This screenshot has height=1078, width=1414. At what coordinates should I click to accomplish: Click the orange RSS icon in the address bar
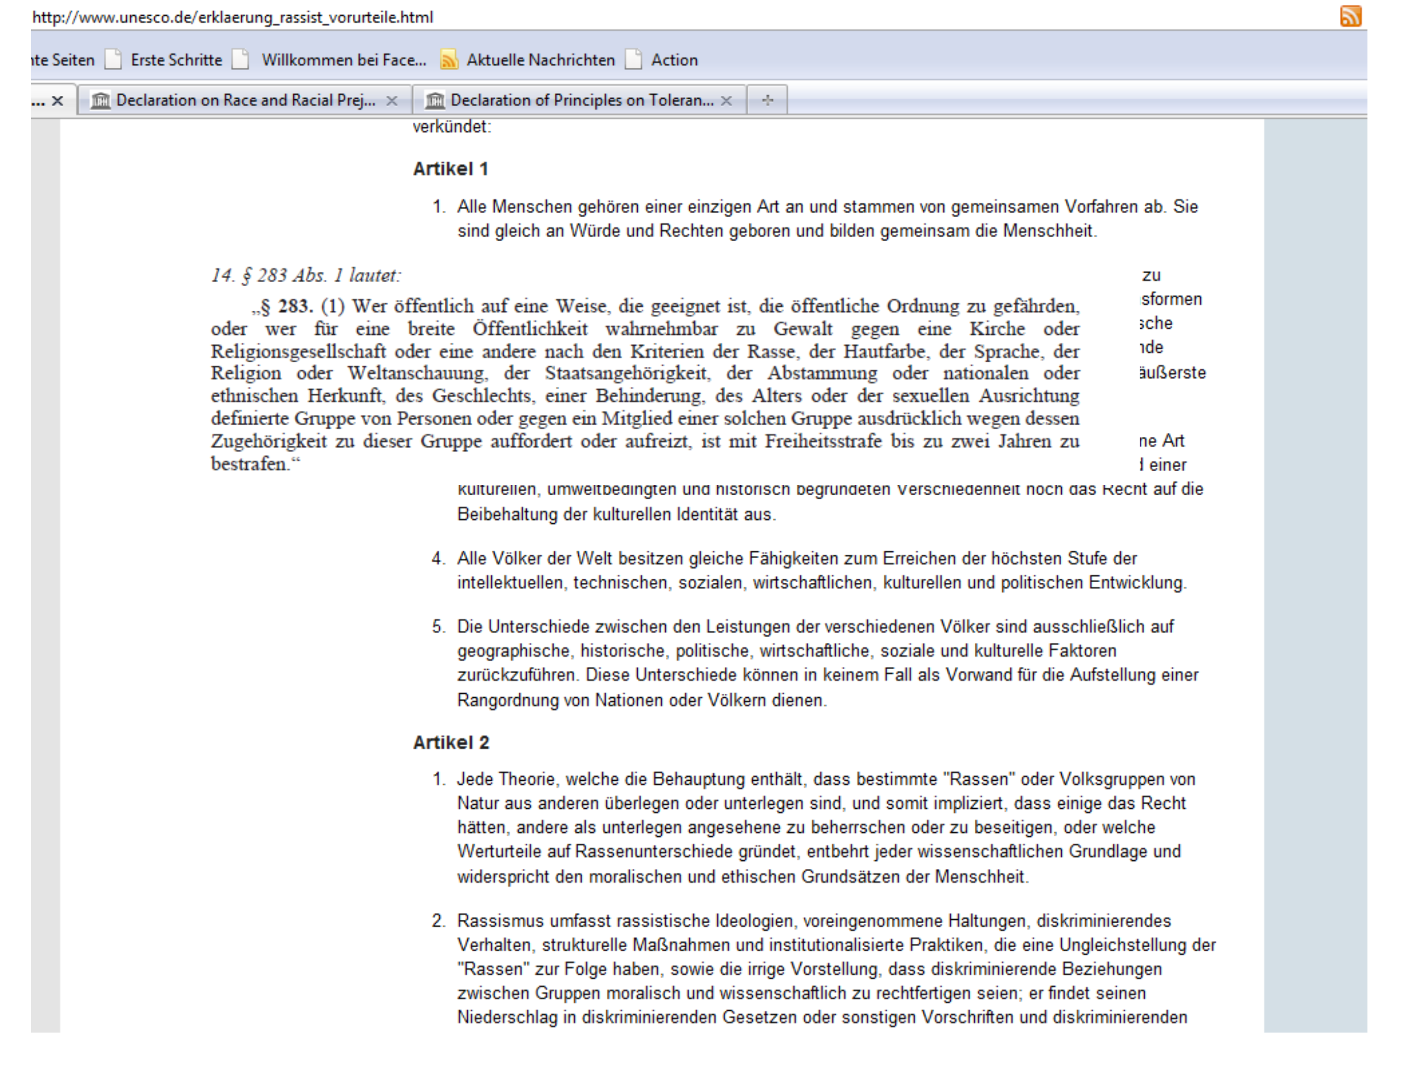pos(1351,17)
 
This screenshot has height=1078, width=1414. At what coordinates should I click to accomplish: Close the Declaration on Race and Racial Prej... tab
pos(392,101)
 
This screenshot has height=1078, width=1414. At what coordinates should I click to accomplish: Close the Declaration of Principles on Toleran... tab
pos(726,101)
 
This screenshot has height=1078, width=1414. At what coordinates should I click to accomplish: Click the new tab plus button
pos(767,100)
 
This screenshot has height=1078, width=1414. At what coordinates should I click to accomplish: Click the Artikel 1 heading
pos(450,169)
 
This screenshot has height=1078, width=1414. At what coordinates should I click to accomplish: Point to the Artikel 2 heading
pos(451,743)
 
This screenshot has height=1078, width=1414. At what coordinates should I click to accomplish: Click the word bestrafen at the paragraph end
pos(250,464)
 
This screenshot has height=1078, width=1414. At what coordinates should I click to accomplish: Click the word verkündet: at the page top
pos(452,127)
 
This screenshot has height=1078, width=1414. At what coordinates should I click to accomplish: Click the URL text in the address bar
pos(232,17)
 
